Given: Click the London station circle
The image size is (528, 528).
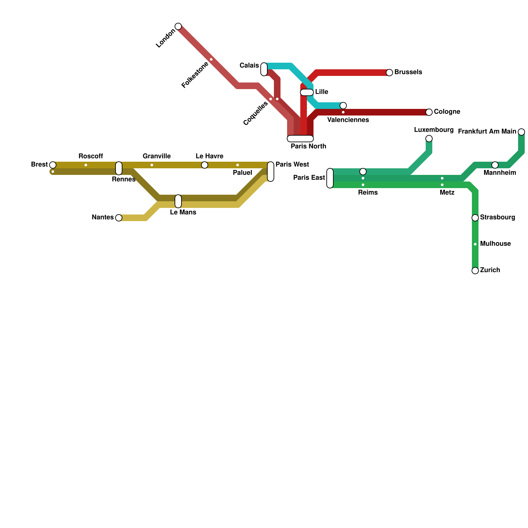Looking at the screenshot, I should click(178, 26).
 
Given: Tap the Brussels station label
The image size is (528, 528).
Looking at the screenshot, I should click(408, 72).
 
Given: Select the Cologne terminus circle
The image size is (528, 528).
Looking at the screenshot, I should click(429, 112).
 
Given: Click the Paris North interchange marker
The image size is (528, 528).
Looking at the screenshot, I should click(300, 139).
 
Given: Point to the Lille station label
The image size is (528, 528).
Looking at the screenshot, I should click(321, 92).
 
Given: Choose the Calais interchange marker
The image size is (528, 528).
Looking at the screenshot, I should click(264, 69).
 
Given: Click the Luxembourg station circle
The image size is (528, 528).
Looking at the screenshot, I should click(429, 139).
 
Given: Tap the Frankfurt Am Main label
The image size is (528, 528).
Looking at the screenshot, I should click(487, 132).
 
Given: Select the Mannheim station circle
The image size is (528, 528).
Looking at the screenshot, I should click(495, 165).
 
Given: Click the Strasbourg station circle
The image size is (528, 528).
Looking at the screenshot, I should click(475, 218).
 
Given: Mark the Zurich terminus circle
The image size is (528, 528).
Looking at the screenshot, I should click(475, 271).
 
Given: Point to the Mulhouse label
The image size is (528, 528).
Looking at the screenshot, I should click(495, 244).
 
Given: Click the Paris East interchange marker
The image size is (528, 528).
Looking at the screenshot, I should click(330, 178).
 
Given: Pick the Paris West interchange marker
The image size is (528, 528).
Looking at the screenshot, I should click(271, 172).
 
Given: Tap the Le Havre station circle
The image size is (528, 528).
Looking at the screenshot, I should click(205, 165).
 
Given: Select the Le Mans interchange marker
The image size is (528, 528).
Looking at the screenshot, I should click(178, 201).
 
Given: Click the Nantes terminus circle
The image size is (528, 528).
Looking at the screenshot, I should click(119, 218).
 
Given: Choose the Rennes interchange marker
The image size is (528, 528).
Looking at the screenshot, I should click(119, 168).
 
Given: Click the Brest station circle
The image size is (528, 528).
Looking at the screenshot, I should click(53, 165).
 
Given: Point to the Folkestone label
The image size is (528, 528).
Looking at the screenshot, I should click(195, 75).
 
